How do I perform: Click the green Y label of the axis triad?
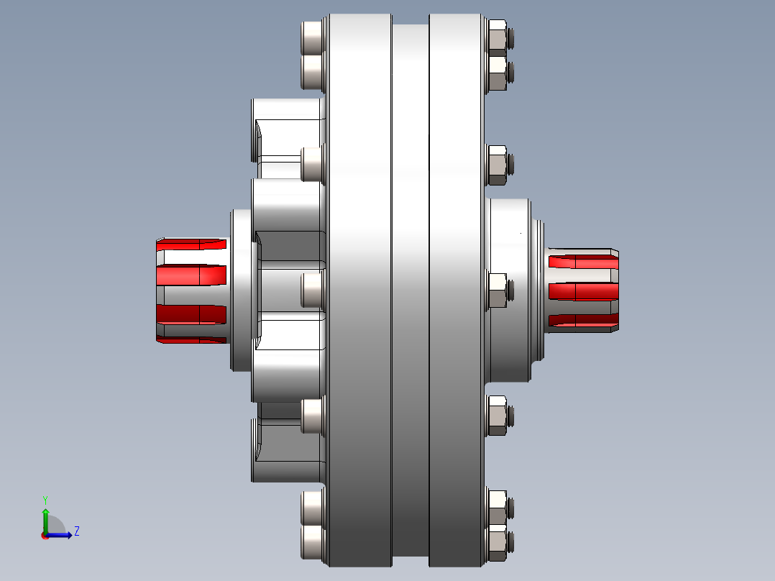point(45,500)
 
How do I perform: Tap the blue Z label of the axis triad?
point(77,531)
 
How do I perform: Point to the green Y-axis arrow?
point(45,521)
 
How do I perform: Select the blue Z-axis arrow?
point(59,535)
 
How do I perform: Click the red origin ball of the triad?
point(45,536)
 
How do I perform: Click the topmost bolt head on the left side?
point(312,37)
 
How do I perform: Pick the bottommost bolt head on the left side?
point(312,542)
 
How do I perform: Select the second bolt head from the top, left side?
point(312,72)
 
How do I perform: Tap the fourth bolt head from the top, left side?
point(312,290)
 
